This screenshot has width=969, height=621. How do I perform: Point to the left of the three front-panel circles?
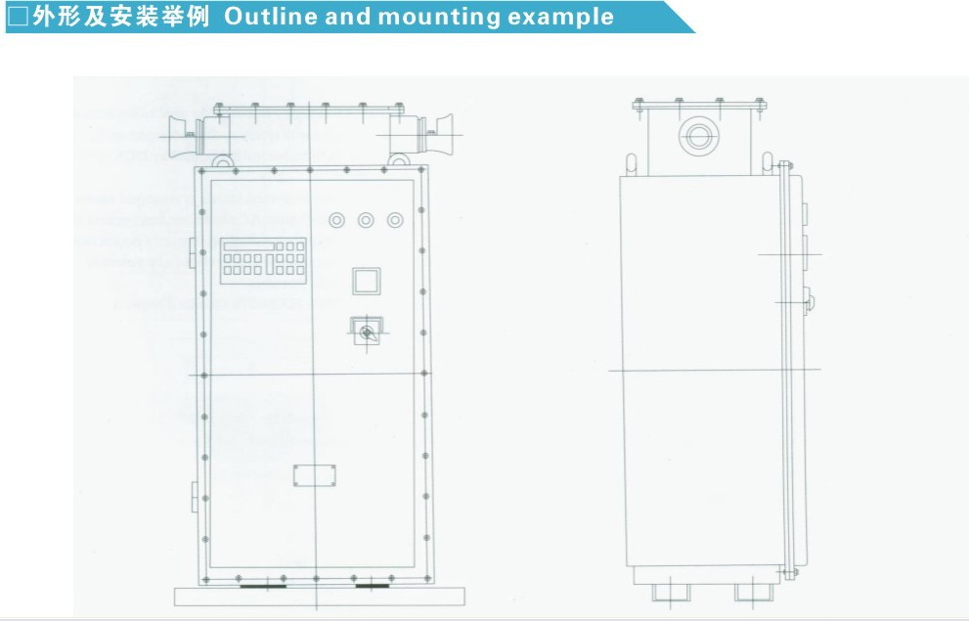click(x=337, y=219)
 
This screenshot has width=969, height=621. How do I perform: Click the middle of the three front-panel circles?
click(x=366, y=219)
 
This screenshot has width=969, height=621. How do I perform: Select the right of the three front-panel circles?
click(x=395, y=219)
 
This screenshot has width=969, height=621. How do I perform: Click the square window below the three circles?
click(x=367, y=282)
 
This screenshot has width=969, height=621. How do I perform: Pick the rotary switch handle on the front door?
click(x=367, y=333)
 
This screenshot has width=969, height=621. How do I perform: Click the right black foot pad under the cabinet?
click(x=371, y=587)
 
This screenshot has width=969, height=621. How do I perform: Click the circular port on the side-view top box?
click(x=696, y=135)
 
